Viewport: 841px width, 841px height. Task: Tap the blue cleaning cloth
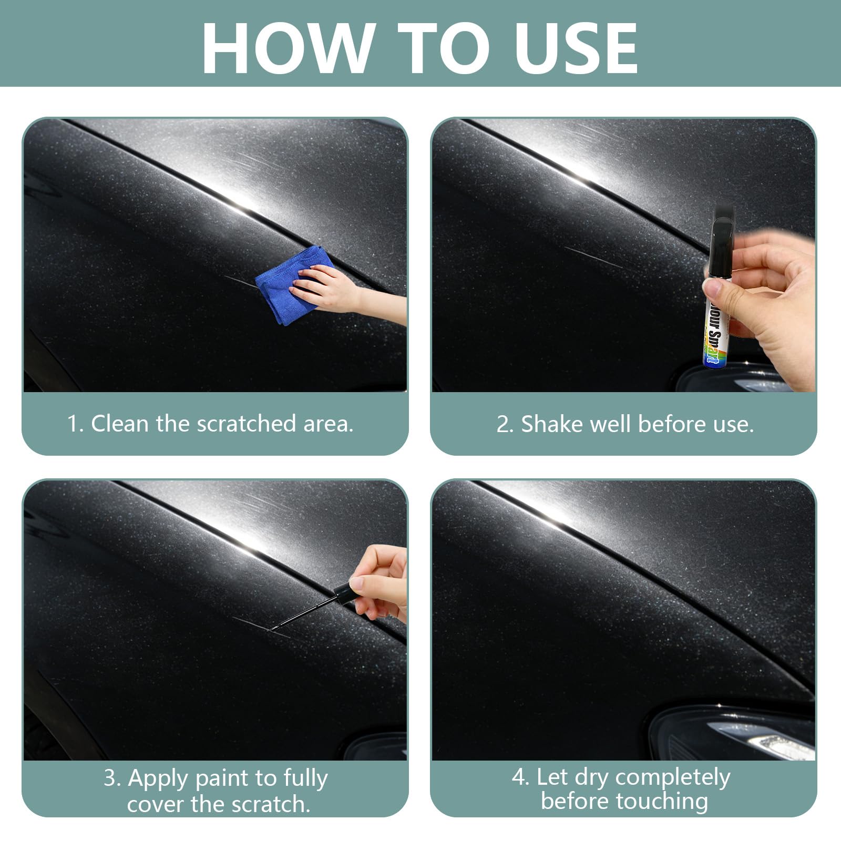point(284,286)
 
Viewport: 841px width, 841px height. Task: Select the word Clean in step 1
point(120,424)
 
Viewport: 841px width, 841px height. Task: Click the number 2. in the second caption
point(504,424)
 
